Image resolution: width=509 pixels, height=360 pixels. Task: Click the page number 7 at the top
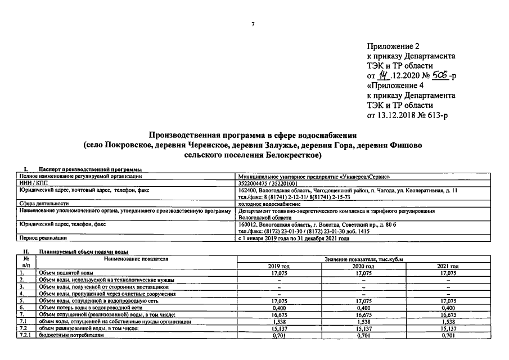[x=253, y=24]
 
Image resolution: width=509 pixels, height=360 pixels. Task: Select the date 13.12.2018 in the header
[x=396, y=115]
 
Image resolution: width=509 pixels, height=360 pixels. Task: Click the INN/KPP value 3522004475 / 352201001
[x=268, y=183]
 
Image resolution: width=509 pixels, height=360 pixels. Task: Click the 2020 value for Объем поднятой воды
[x=363, y=273]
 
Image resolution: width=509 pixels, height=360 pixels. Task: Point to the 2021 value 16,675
[x=448, y=314]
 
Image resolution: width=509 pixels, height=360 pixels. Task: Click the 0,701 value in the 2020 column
[x=363, y=335]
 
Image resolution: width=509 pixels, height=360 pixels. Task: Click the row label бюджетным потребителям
[x=65, y=335]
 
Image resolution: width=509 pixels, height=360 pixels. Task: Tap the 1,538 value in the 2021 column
[x=448, y=322]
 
